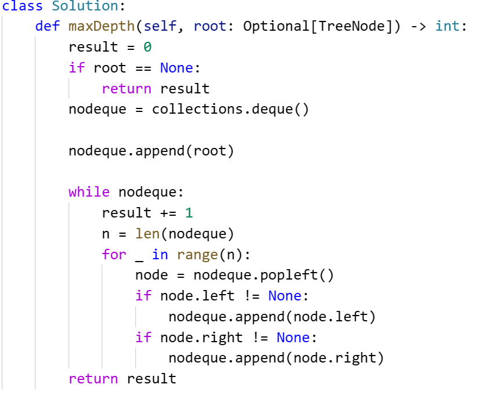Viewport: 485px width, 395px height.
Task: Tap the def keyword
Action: [x=48, y=27]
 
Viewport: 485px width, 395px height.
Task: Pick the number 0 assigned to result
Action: [x=147, y=48]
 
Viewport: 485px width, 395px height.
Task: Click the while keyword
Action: [x=89, y=192]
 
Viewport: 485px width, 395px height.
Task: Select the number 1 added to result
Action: [x=189, y=213]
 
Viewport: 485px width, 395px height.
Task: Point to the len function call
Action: [x=147, y=234]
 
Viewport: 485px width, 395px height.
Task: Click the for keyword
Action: [x=114, y=255]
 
